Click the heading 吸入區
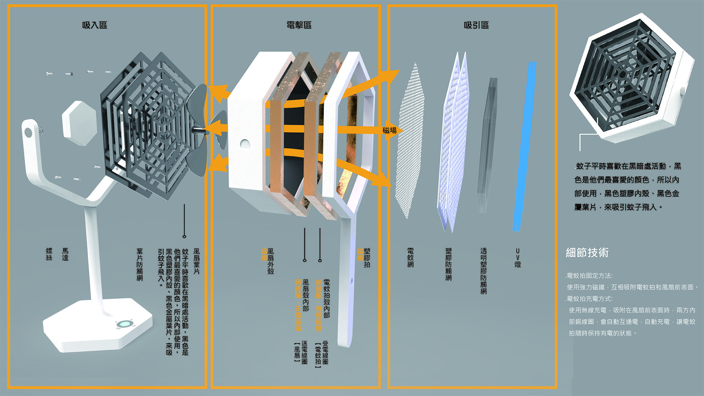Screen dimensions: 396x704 (x=95, y=25)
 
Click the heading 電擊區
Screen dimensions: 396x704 (x=299, y=25)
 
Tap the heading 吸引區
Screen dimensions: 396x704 (x=476, y=25)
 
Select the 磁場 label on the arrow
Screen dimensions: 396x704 (x=389, y=131)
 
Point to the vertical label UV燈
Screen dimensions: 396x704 (x=518, y=258)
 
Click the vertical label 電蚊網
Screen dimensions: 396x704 (x=411, y=258)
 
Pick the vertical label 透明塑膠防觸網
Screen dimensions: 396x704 (x=484, y=271)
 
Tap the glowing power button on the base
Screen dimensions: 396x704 (x=124, y=324)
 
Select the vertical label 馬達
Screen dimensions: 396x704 (x=65, y=254)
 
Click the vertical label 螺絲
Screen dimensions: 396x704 (x=49, y=254)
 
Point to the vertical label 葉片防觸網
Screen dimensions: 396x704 (x=140, y=264)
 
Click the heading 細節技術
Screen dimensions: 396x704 (x=587, y=253)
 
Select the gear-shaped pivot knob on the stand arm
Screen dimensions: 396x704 (x=28, y=132)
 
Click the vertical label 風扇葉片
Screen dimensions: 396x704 (x=197, y=261)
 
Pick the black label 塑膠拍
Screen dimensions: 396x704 (x=367, y=258)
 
